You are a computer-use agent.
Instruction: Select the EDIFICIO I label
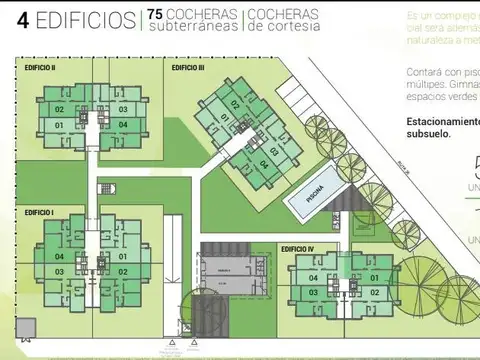(38, 213)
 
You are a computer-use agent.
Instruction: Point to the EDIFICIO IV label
(298, 248)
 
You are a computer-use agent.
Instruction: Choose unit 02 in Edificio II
(59, 109)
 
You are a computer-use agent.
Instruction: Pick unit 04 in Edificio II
(123, 124)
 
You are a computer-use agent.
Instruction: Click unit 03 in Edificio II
(123, 109)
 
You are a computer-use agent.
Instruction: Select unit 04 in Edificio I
(60, 256)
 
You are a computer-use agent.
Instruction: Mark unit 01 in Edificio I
(123, 256)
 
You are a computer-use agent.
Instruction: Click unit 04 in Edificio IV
(313, 278)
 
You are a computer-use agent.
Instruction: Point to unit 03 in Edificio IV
(313, 292)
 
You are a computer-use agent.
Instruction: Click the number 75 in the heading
(155, 15)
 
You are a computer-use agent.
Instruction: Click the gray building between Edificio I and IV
(225, 276)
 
